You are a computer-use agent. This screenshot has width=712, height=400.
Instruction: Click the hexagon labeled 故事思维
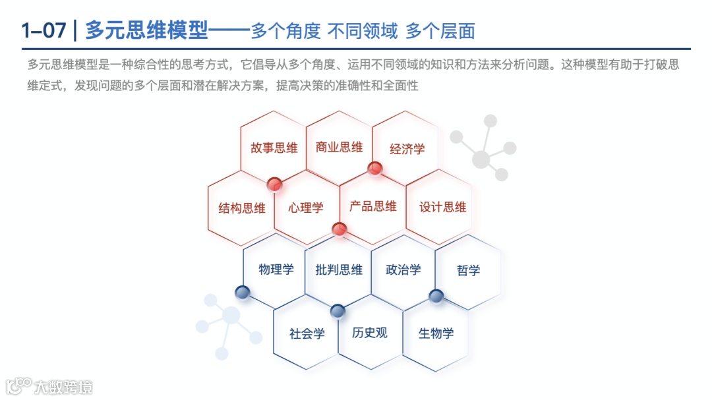[274, 148]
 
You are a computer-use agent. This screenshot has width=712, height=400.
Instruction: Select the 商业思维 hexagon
[339, 147]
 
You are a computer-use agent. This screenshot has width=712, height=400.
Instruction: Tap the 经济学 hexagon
[407, 149]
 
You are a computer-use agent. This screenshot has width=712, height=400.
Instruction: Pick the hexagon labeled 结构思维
[242, 208]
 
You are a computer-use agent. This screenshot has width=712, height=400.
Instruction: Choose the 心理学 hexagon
[306, 208]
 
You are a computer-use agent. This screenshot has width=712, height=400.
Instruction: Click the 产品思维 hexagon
[373, 206]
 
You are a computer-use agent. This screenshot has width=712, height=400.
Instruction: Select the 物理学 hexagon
[276, 269]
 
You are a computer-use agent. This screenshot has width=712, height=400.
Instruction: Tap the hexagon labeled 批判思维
[339, 269]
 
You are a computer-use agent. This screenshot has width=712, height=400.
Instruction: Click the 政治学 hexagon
[403, 269]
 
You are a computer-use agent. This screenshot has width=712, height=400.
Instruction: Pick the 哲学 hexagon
[468, 270]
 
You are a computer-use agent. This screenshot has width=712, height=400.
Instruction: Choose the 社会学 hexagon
[307, 333]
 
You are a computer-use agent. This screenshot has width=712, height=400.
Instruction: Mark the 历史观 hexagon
[370, 332]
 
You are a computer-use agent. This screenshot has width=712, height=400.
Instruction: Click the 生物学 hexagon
[436, 333]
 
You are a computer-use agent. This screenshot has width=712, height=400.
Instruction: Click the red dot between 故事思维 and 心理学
[275, 184]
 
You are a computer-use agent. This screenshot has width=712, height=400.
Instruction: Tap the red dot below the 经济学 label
[375, 168]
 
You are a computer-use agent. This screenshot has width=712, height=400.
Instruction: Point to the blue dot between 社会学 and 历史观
[338, 310]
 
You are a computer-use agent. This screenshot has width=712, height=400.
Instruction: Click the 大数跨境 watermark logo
[49, 386]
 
